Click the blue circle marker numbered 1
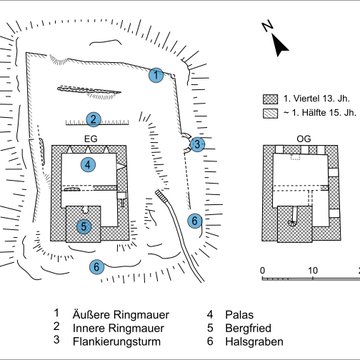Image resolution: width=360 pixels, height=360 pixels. point(156,75)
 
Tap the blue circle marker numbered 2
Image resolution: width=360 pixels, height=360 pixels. point(93,120)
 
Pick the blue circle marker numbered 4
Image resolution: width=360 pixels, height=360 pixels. point(88,165)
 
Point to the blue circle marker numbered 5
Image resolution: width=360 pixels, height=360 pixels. point(85,227)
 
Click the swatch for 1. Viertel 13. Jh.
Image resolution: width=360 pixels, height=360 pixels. point(269,100)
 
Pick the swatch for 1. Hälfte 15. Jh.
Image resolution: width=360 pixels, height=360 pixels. point(269,116)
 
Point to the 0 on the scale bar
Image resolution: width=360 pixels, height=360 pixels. point(262,270)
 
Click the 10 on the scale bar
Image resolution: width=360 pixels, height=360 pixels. point(312,270)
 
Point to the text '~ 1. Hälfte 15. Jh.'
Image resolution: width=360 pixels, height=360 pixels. point(319,116)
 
